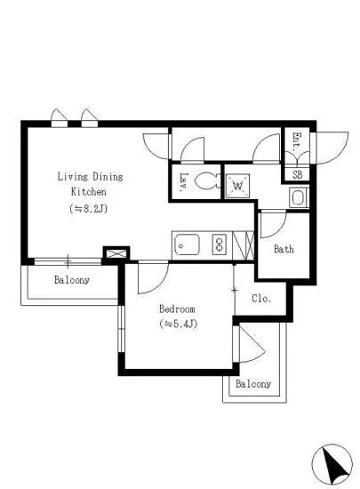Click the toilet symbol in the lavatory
pyautogui.click(x=206, y=180)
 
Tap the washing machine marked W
pyautogui.click(x=237, y=186)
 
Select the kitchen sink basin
pyautogui.click(x=187, y=244)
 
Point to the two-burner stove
pyautogui.click(x=220, y=244)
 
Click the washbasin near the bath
pyautogui.click(x=299, y=197)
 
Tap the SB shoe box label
pyautogui.click(x=298, y=174)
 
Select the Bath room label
pyautogui.click(x=284, y=249)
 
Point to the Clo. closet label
pyautogui.click(x=261, y=299)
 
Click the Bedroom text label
pyautogui.click(x=177, y=309)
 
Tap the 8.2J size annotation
pyautogui.click(x=89, y=208)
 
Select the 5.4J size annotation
pyautogui.click(x=179, y=324)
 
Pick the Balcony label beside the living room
pyautogui.click(x=72, y=280)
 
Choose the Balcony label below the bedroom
pyautogui.click(x=253, y=383)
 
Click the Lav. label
pyautogui.click(x=184, y=181)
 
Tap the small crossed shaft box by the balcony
pyautogui.click(x=116, y=253)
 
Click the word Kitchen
pyautogui.click(x=89, y=191)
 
